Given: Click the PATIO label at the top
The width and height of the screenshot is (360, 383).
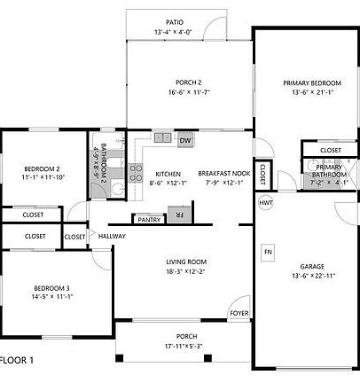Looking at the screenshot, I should (174, 22).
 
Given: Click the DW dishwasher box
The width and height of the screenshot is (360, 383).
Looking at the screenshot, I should (185, 140).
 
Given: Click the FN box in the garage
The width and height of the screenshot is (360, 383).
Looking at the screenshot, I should (267, 253).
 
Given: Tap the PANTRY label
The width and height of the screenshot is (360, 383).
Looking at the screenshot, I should (148, 218).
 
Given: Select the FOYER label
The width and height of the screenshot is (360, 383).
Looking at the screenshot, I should (239, 313).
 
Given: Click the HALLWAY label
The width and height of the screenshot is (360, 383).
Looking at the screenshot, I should (112, 237).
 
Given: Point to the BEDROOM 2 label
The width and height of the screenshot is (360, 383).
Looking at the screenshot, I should (42, 168).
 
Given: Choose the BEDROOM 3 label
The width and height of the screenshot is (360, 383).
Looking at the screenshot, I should (51, 288).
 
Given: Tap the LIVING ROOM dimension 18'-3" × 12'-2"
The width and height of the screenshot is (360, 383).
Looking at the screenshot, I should (186, 271).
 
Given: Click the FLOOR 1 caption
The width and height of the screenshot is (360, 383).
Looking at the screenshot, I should (17, 361).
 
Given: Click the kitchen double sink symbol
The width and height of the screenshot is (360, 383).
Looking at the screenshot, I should (162, 137).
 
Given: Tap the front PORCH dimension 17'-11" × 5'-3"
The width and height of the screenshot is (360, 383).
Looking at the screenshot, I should (186, 346).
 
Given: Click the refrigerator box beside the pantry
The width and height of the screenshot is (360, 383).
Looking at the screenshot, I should (178, 215).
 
